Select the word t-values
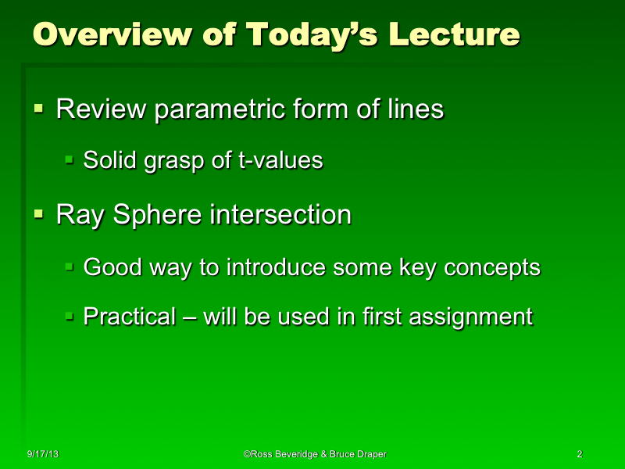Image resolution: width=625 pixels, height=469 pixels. pyautogui.click(x=279, y=161)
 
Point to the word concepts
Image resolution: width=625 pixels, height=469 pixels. pyautogui.click(x=492, y=268)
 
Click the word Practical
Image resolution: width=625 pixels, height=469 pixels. pyautogui.click(x=130, y=317)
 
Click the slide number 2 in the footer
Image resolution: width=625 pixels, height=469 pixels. pyautogui.click(x=579, y=454)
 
